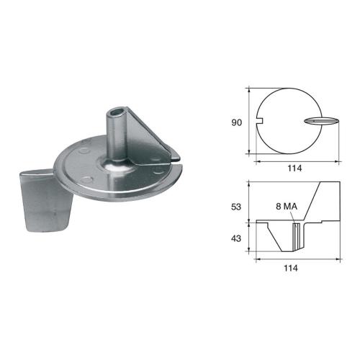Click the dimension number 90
point(236,122)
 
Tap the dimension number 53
point(236,206)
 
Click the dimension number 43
point(236,237)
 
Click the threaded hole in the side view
point(294,235)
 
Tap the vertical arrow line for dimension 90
point(248,122)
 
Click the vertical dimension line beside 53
point(248,201)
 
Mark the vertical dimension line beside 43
point(248,237)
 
